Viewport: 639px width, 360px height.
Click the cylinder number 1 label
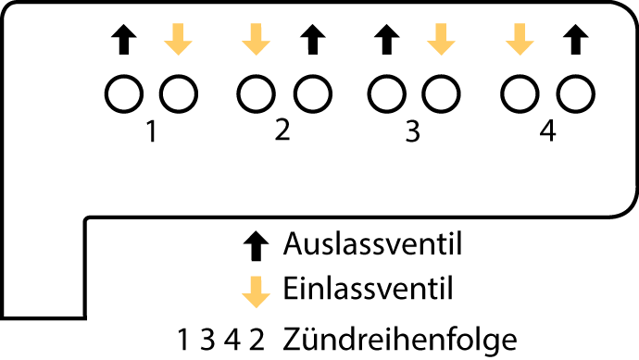click(x=150, y=133)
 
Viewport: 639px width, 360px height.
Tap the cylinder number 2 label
click(x=282, y=131)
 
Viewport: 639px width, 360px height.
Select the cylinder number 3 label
click(x=413, y=133)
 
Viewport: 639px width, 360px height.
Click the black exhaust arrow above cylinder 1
click(x=124, y=38)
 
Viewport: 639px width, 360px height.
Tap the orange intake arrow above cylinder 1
click(x=178, y=38)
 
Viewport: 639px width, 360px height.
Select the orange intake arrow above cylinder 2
click(x=256, y=38)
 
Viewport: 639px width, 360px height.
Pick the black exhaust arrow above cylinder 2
click(x=312, y=38)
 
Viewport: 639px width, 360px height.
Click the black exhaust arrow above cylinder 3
click(x=386, y=38)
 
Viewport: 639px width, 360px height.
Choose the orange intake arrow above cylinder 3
click(x=441, y=38)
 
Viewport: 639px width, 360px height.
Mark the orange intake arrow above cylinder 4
click(x=520, y=38)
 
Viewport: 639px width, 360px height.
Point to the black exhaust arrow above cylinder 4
click(x=575, y=38)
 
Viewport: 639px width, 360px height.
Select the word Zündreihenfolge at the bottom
click(x=400, y=337)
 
